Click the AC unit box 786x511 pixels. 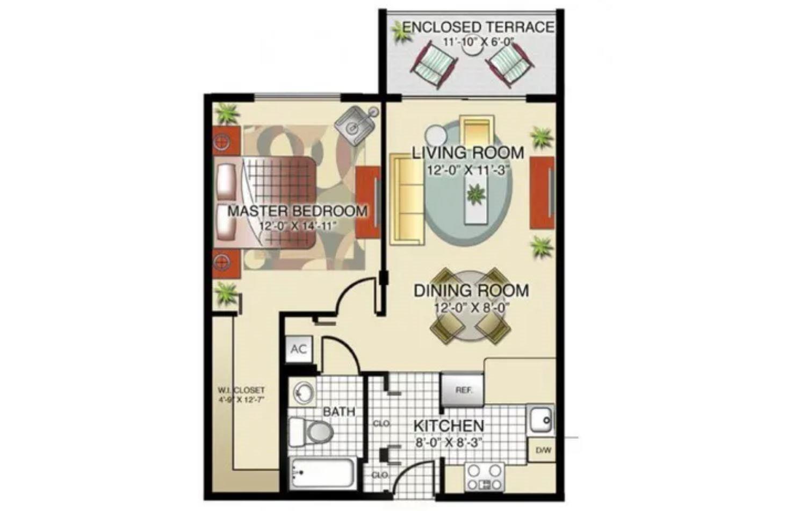coord(299,349)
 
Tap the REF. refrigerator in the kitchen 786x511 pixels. coord(463,390)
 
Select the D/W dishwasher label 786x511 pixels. coord(543,450)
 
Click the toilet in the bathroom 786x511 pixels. coord(312,431)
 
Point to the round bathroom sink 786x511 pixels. coord(304,392)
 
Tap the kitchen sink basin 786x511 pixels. coord(540,419)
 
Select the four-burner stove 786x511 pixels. coord(485,477)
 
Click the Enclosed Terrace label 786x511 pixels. coord(478,27)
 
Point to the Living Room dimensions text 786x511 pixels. coord(468,171)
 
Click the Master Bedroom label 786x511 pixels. coord(297,211)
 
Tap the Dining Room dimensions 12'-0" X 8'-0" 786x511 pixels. coord(471,307)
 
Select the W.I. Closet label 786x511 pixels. coord(241,390)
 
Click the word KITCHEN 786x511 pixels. coord(449,426)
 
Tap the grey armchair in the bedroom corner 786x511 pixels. coord(355,123)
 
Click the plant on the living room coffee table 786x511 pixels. coord(475,193)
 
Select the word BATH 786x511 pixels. coord(339,412)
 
